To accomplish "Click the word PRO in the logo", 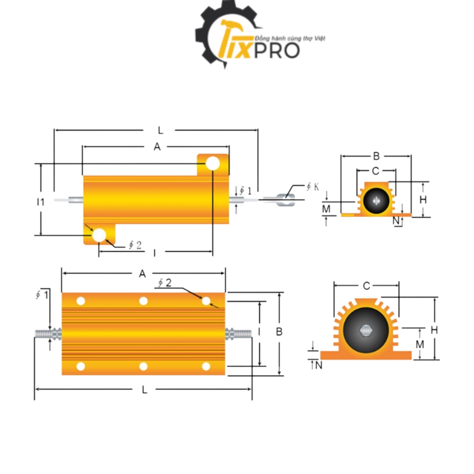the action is point(281,50).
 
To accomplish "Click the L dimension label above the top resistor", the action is point(161,131).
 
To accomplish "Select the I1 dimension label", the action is point(41,202).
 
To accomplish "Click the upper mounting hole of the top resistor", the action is point(212,163).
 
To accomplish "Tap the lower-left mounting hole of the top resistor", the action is point(99,235).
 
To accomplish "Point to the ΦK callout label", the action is point(312,187).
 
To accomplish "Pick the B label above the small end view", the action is point(376,156).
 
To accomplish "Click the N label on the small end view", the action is point(396,221).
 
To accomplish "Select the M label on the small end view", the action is point(326,209).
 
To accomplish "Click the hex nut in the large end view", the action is point(365,331).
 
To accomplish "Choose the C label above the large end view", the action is point(366,286).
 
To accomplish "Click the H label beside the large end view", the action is point(434,330).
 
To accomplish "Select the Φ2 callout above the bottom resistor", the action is point(164,283).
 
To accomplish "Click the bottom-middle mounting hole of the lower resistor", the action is point(143,367).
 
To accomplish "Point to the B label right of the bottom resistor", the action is point(279,331).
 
